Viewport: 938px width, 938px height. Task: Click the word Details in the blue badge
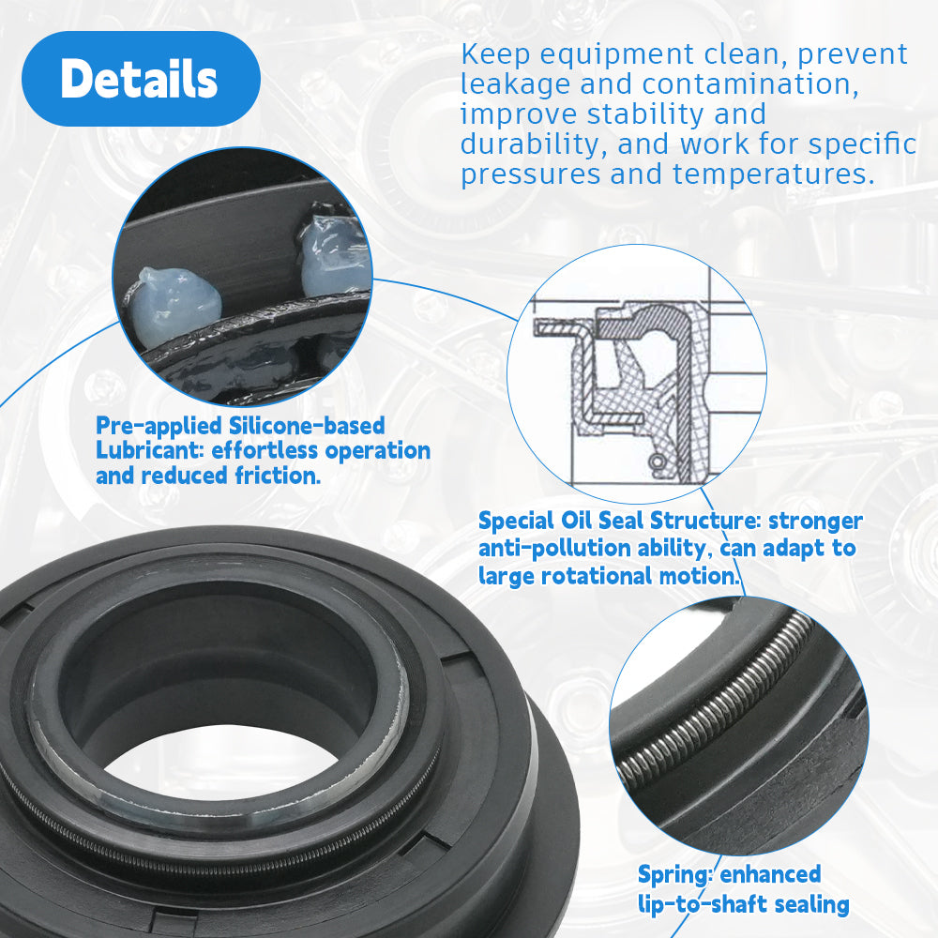(139, 79)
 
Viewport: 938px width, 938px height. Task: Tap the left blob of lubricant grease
(173, 303)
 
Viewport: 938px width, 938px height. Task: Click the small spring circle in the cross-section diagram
(657, 461)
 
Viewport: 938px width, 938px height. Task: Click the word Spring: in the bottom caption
(675, 874)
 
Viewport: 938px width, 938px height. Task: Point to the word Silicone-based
(307, 426)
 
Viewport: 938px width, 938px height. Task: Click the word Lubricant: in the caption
(150, 450)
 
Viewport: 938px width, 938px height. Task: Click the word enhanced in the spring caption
(770, 874)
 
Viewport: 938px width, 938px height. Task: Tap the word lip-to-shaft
(693, 904)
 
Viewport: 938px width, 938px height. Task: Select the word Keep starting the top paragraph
(495, 54)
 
